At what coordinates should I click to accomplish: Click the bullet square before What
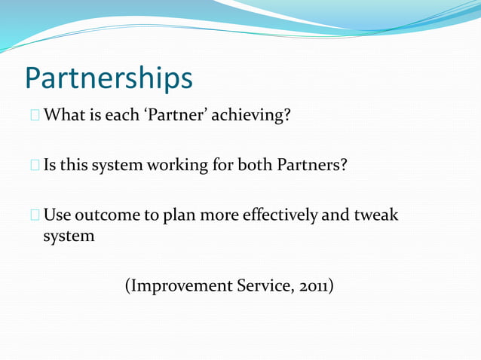[x=35, y=117]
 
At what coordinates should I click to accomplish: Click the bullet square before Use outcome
[x=35, y=215]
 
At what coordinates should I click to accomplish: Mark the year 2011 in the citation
[x=315, y=286]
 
